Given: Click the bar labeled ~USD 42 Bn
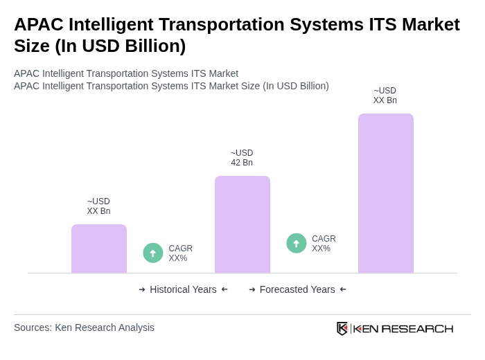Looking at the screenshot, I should [x=242, y=224].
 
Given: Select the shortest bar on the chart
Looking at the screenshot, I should [x=99, y=249].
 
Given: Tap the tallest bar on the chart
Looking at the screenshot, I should [x=385, y=193].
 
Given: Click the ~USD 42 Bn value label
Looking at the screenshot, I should [x=242, y=158].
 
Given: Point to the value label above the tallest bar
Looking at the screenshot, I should [x=385, y=96].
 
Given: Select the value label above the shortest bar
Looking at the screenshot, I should [x=98, y=206].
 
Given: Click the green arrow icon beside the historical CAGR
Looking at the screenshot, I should [x=153, y=253].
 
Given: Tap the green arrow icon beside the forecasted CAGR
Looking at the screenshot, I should [x=297, y=243].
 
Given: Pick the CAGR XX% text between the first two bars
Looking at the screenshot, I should [x=180, y=253].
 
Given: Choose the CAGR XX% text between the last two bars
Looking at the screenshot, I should [x=324, y=244].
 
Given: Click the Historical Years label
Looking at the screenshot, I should [x=183, y=289].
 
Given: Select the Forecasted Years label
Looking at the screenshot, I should [x=297, y=289].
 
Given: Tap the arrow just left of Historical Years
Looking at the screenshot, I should [x=142, y=289].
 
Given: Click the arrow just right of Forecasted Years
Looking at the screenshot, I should [x=343, y=289].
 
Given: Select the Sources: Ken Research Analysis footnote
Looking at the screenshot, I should [x=84, y=327].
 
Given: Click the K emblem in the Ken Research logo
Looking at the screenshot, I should [x=342, y=328].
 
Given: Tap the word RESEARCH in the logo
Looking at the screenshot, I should [x=417, y=328].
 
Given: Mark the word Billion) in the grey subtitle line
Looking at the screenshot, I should [x=310, y=86].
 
